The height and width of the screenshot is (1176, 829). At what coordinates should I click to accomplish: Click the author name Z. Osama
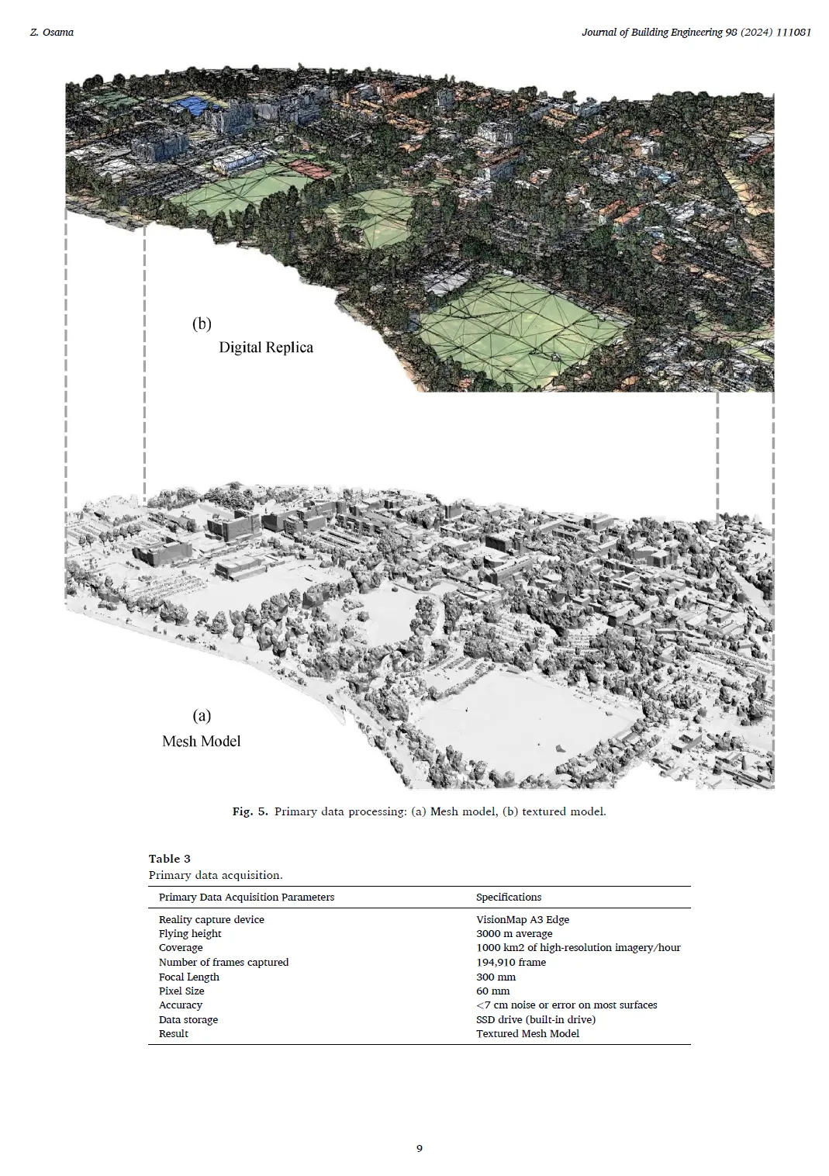pyautogui.click(x=51, y=33)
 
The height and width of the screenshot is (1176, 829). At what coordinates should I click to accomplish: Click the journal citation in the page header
pyautogui.click(x=696, y=33)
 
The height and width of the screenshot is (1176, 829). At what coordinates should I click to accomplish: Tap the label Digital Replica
pyautogui.click(x=266, y=348)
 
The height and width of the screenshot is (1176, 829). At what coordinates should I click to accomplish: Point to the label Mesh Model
pyautogui.click(x=202, y=742)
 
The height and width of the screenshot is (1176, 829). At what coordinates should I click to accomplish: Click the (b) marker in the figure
pyautogui.click(x=202, y=324)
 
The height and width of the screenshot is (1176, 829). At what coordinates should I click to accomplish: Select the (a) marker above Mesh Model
pyautogui.click(x=202, y=715)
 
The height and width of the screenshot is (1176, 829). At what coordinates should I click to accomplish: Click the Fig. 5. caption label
pyautogui.click(x=250, y=812)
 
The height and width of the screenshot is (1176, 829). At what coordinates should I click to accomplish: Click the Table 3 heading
pyautogui.click(x=170, y=859)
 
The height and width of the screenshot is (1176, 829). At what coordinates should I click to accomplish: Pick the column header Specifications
pyautogui.click(x=509, y=898)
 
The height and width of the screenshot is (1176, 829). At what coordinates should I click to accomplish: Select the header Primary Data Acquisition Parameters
pyautogui.click(x=247, y=898)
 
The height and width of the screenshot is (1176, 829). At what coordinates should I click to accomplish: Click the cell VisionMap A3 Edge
pyautogui.click(x=523, y=920)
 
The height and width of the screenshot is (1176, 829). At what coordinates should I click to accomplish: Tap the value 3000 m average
pyautogui.click(x=514, y=934)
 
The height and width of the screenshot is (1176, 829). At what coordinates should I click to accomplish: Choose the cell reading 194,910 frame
pyautogui.click(x=511, y=963)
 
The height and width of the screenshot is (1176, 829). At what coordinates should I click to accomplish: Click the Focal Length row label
pyautogui.click(x=189, y=977)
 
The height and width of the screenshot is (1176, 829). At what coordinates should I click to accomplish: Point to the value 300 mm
pyautogui.click(x=496, y=977)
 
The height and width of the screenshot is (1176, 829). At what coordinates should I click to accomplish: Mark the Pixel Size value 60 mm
pyautogui.click(x=493, y=991)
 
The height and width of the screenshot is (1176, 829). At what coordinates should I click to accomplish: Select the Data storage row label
pyautogui.click(x=188, y=1020)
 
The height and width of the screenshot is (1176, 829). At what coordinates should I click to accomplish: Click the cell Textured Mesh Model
pyautogui.click(x=527, y=1034)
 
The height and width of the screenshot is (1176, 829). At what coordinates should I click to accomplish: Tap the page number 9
pyautogui.click(x=420, y=1149)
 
